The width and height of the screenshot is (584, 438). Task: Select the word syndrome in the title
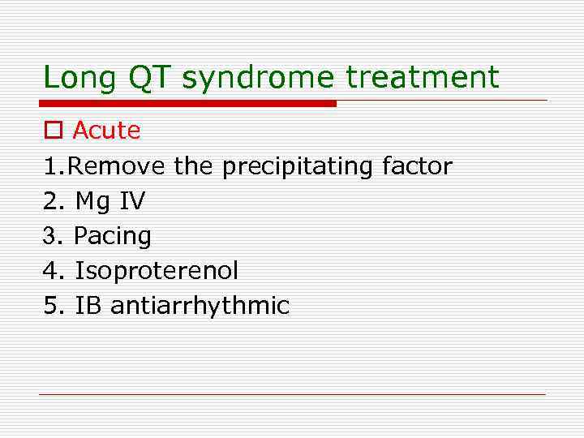(x=257, y=79)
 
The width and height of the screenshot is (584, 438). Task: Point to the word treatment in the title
(x=423, y=78)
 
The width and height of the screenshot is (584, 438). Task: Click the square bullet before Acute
(x=53, y=131)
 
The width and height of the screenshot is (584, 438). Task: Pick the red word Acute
(x=106, y=130)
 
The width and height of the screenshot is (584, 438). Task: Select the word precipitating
(x=298, y=167)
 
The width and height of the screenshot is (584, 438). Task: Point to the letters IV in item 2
(x=131, y=201)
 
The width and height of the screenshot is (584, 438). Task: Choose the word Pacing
(x=113, y=237)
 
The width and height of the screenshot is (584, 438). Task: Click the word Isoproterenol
(x=157, y=271)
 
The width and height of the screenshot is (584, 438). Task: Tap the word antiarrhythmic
(x=200, y=306)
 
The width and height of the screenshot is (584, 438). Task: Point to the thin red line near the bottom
(x=292, y=394)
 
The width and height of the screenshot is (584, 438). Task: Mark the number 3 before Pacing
(x=50, y=236)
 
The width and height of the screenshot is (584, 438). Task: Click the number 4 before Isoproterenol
(x=50, y=271)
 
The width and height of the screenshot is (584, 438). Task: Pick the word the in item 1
(x=193, y=166)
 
